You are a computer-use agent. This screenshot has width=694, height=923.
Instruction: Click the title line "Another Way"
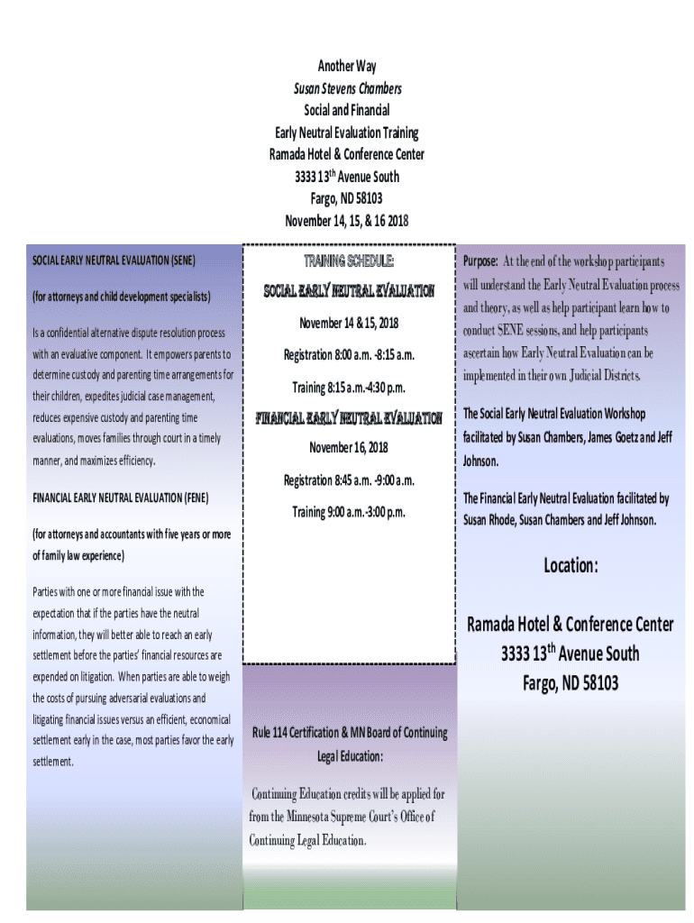click(x=347, y=66)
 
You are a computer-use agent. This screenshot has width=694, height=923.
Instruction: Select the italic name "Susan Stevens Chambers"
click(x=347, y=88)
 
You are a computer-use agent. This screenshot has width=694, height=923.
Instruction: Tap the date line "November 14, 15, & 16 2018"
click(x=347, y=221)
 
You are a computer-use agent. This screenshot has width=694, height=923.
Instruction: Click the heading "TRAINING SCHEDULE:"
click(x=349, y=261)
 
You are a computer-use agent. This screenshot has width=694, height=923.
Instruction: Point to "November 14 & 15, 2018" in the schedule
click(x=349, y=323)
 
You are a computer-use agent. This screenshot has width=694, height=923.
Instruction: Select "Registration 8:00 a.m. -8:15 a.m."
click(x=349, y=355)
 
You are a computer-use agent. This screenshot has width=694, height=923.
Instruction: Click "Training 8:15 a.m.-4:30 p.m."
click(x=349, y=388)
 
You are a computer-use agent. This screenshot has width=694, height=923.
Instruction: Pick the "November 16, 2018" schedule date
click(x=349, y=447)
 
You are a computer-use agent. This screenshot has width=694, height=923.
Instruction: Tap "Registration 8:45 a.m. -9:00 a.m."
click(x=349, y=480)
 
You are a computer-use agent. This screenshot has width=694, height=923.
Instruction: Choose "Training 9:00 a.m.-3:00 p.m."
click(x=349, y=512)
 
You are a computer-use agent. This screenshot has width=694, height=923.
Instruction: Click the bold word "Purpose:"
click(x=480, y=261)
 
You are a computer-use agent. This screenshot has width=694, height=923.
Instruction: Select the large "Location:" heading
click(x=571, y=566)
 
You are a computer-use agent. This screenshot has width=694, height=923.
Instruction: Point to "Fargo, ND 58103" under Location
click(x=571, y=683)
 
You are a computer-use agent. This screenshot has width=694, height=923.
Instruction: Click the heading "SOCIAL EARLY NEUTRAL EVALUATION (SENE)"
click(x=114, y=260)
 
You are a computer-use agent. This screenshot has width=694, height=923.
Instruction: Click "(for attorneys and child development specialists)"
click(x=122, y=296)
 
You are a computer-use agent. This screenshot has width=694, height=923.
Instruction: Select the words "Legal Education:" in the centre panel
click(x=350, y=755)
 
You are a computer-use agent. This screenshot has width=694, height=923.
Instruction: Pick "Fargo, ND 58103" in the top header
click(x=347, y=198)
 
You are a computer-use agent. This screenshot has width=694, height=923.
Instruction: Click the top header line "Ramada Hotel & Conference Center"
click(x=347, y=154)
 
